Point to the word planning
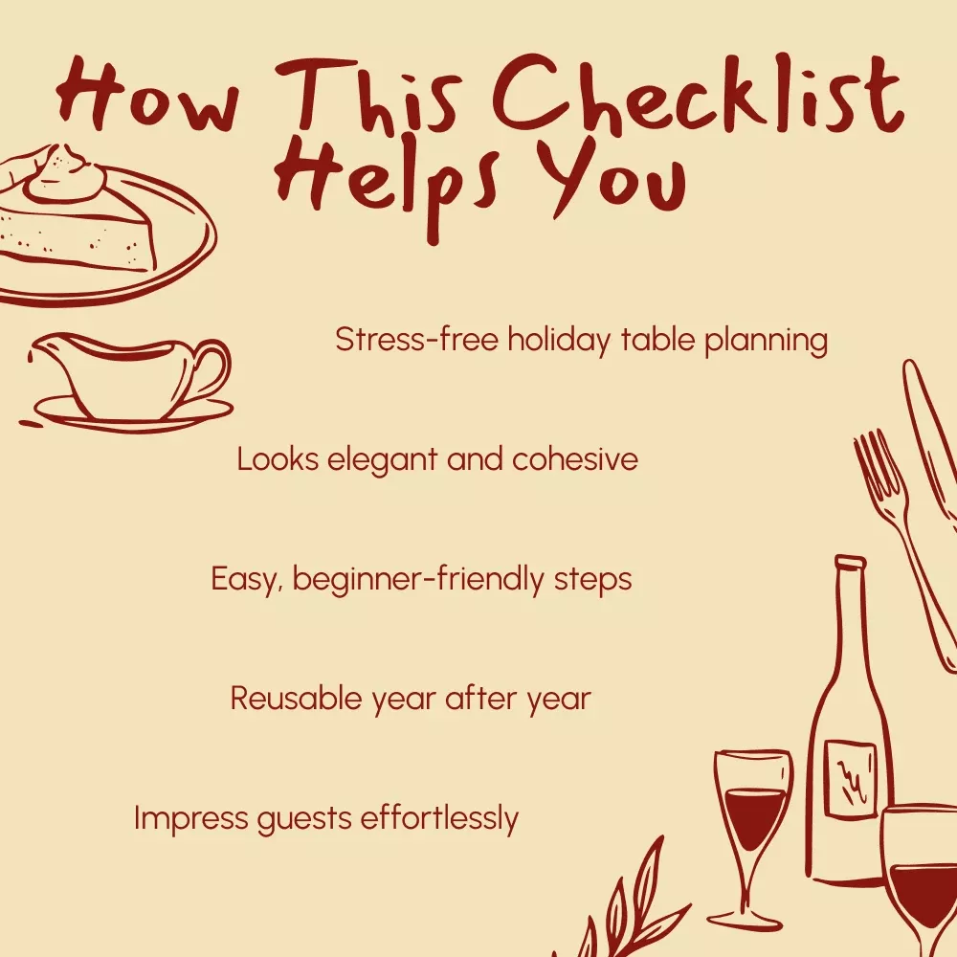tap(766, 342)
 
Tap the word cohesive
tap(575, 459)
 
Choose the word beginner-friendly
tap(417, 579)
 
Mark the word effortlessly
tap(439, 818)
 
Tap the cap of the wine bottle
tap(850, 563)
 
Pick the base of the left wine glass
tap(745, 919)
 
